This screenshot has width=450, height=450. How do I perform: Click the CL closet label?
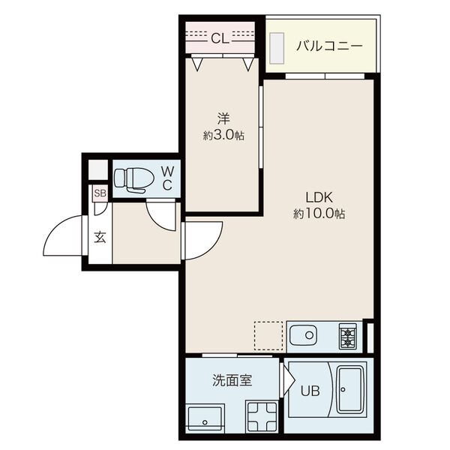tap(220, 38)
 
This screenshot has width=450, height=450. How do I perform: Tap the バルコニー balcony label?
tap(329, 46)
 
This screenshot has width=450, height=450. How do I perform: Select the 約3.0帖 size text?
tap(223, 136)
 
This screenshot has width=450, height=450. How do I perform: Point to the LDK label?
tap(319, 197)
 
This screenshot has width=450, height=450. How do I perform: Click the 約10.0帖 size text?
tap(319, 214)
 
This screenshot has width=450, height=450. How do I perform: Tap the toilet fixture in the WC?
tap(130, 179)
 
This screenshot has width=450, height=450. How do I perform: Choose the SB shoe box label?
tap(100, 193)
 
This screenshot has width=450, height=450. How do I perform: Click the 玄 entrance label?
tap(100, 238)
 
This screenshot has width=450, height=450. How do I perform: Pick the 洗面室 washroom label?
tap(232, 380)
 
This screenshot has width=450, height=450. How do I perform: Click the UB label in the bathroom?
tap(310, 390)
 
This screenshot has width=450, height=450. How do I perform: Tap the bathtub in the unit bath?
tap(351, 390)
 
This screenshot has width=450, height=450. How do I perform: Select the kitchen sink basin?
tap(303, 335)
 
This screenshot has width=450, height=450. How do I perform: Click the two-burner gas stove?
tap(348, 337)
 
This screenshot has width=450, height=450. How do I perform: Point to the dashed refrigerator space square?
tap(268, 336)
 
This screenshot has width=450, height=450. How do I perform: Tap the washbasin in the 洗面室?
tap(205, 418)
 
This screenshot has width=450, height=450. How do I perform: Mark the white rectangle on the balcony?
tap(277, 48)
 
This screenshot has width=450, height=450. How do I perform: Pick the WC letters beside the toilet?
tap(167, 178)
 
